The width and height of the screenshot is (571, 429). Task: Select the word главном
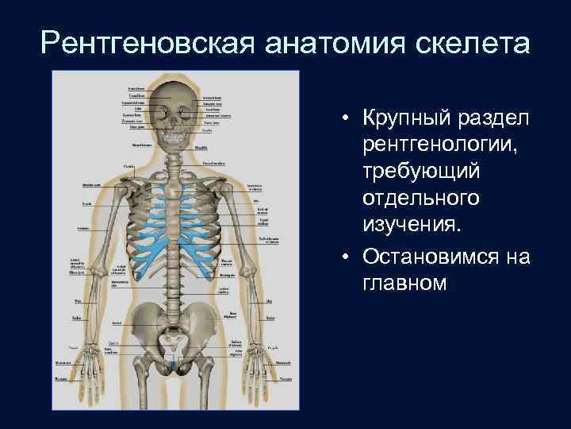(404, 284)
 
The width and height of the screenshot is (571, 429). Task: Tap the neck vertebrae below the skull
(176, 159)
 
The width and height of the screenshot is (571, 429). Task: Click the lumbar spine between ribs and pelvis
(176, 294)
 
